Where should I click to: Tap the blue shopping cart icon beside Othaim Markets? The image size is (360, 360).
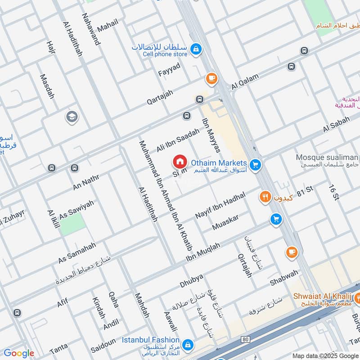(256, 165)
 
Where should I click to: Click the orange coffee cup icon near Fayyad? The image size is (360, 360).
(211, 79)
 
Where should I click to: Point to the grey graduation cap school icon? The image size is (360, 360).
(71, 117)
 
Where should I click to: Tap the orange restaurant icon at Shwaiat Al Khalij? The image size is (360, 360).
(359, 297)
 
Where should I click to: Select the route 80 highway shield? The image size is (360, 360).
(245, 338)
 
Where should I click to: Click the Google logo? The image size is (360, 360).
(18, 353)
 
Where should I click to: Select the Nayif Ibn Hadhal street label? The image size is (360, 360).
(220, 206)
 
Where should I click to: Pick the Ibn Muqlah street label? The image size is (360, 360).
(203, 253)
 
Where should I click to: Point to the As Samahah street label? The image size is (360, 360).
(77, 253)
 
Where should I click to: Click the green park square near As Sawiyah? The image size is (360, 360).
(72, 224)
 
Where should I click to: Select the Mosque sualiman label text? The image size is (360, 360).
(327, 157)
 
